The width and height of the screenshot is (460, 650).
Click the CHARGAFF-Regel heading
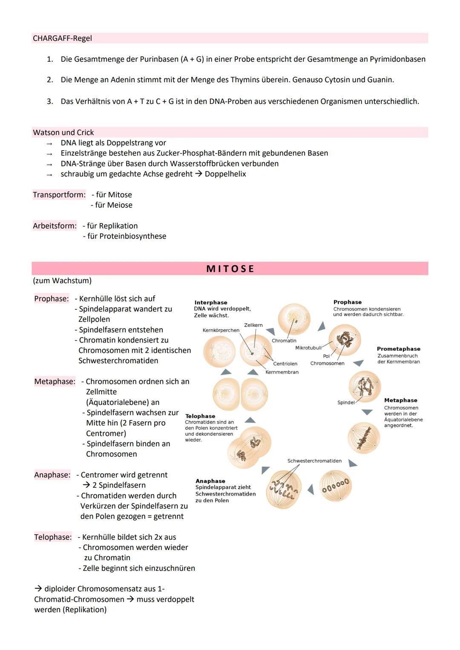[62, 38]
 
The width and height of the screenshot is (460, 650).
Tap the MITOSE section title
[230, 269]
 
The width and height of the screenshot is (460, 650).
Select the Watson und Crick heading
[63, 132]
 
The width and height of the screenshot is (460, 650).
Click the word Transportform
[59, 195]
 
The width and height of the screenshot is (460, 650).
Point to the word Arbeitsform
[55, 226]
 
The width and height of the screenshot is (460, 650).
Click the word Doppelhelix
[225, 174]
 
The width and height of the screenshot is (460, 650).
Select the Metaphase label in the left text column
[55, 382]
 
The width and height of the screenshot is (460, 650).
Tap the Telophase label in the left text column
[53, 537]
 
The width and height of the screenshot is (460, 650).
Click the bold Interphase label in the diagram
[211, 303]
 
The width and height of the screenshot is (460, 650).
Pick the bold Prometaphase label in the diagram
[398, 349]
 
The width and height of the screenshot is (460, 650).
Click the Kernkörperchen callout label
[221, 330]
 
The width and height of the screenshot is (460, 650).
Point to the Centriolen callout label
[285, 364]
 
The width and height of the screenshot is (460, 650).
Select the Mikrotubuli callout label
[308, 348]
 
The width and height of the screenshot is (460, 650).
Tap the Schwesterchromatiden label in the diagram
[314, 461]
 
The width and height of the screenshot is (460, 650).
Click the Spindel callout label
[346, 403]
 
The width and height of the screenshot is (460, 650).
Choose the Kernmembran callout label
[282, 372]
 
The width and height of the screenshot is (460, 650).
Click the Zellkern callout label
[253, 325]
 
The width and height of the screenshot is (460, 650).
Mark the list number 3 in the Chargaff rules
[50, 102]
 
